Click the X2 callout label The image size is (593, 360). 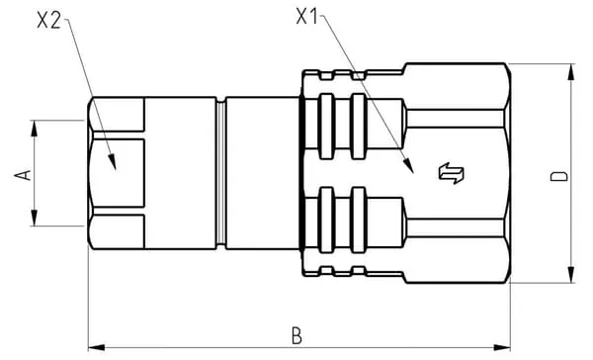click(48, 20)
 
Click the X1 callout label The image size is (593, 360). click(306, 17)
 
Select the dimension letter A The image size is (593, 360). click(23, 175)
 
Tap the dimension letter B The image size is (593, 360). click(296, 335)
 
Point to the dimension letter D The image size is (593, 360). click(559, 176)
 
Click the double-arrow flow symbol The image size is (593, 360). click(452, 173)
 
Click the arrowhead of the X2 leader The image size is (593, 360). click(112, 161)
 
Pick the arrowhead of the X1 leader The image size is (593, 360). click(408, 165)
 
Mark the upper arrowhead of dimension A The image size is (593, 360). click(35, 129)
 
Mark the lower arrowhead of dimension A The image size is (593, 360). click(35, 218)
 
